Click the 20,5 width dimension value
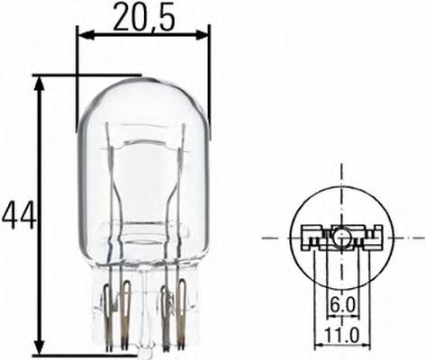point(143,15)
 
